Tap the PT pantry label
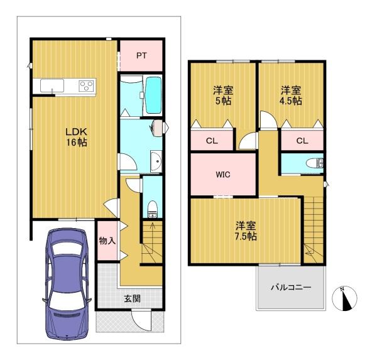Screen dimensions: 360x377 (141, 55)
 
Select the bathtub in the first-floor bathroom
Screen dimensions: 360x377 (153, 95)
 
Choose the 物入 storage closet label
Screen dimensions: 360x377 (107, 240)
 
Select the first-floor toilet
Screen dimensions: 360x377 (153, 208)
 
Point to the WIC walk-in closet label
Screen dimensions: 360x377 (222, 174)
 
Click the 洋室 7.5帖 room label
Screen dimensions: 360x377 (246, 231)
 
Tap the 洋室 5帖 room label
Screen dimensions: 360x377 (222, 95)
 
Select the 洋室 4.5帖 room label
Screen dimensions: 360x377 (291, 95)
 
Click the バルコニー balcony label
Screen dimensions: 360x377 (291, 287)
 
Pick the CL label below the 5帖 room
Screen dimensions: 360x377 (212, 141)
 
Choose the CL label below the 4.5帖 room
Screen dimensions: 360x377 (302, 141)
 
